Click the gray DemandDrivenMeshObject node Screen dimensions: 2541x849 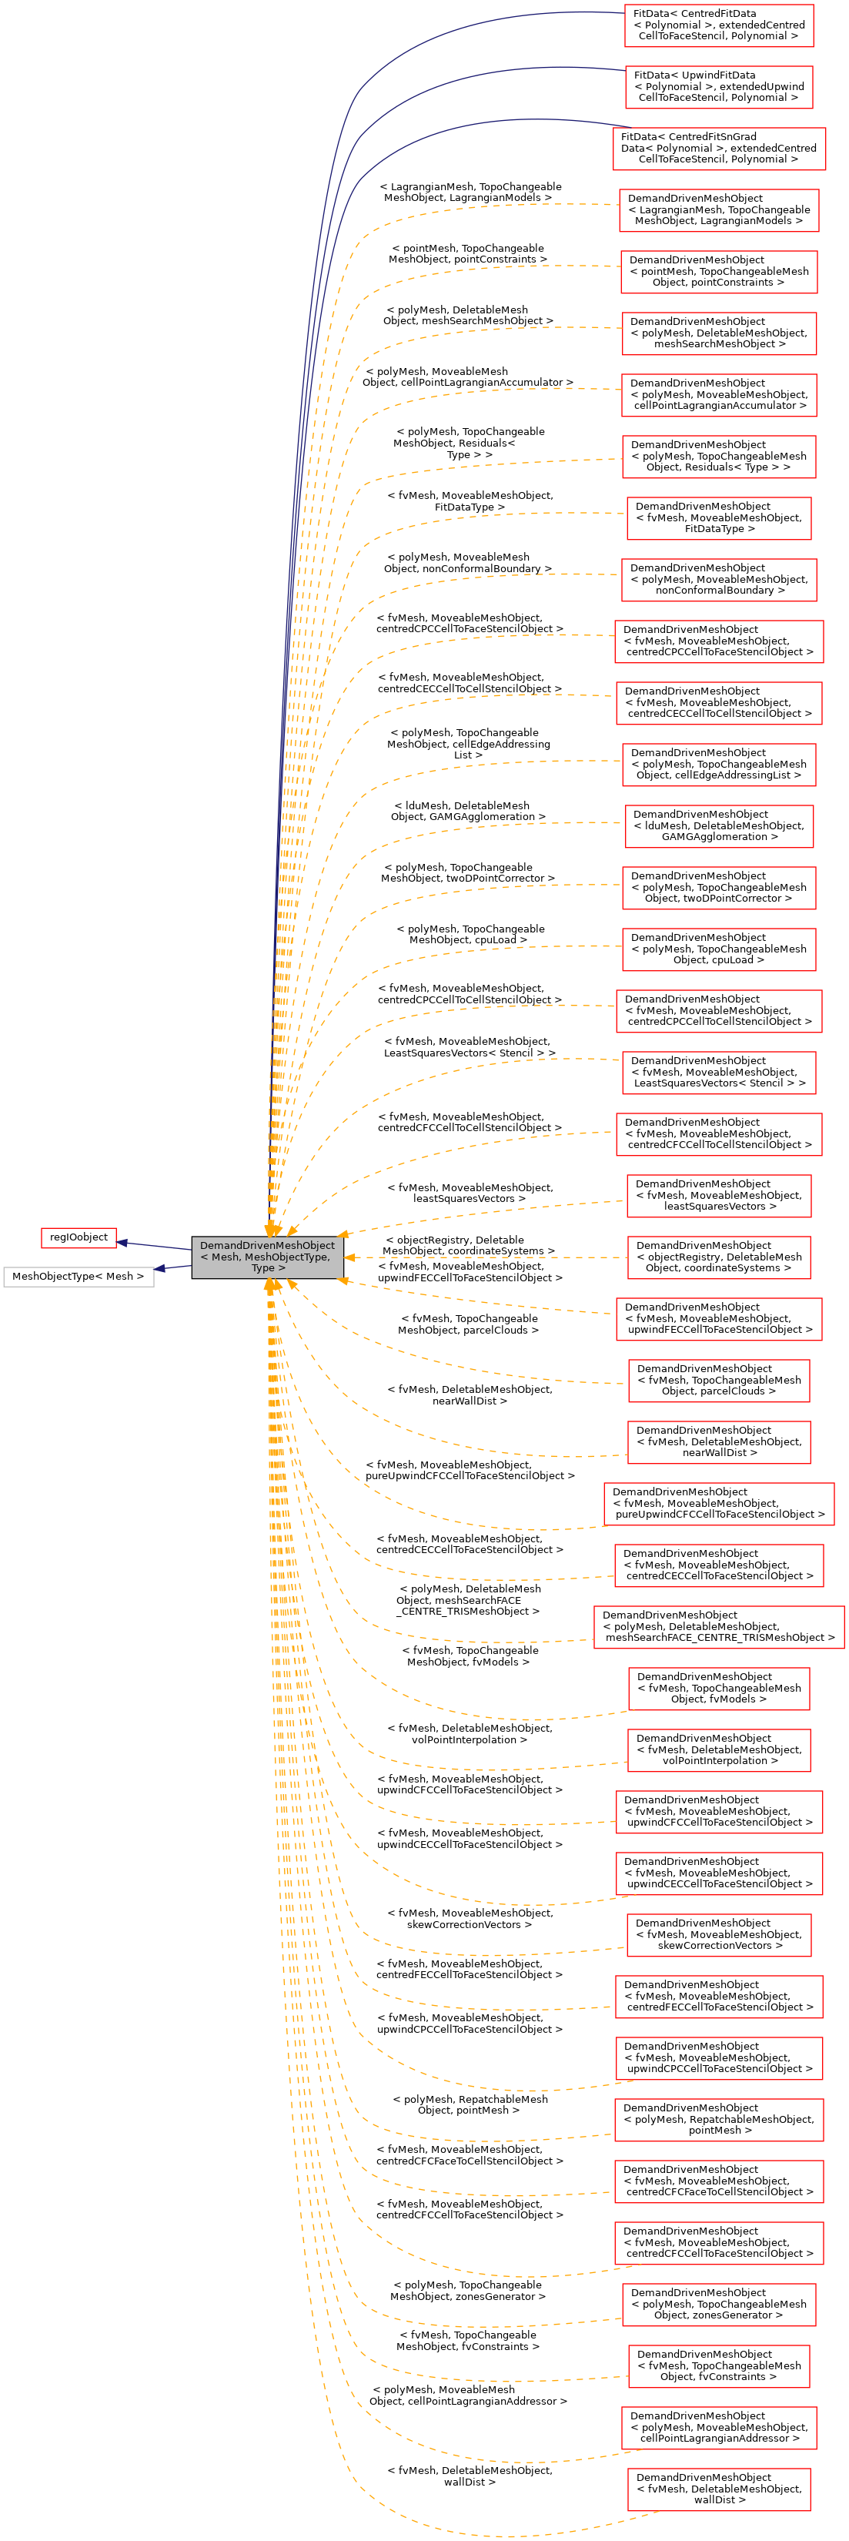click(x=267, y=1257)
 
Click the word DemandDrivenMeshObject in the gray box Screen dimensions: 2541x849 click(x=267, y=1246)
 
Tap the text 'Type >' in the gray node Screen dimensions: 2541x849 click(x=267, y=1268)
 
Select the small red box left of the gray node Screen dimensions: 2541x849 click(x=79, y=1238)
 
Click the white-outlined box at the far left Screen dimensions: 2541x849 click(x=79, y=1277)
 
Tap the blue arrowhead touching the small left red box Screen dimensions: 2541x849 click(x=122, y=1242)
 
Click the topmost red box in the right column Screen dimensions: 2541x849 click(x=719, y=25)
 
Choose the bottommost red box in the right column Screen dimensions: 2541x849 click(x=719, y=2489)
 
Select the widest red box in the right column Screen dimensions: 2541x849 click(x=719, y=1626)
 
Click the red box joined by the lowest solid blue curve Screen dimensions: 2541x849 click(x=719, y=149)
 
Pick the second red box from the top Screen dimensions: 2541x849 click(x=719, y=88)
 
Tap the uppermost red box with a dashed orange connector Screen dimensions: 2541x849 click(x=719, y=210)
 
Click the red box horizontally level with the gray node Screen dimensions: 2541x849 click(x=719, y=1257)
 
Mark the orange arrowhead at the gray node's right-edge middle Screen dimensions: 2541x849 click(x=349, y=1257)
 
